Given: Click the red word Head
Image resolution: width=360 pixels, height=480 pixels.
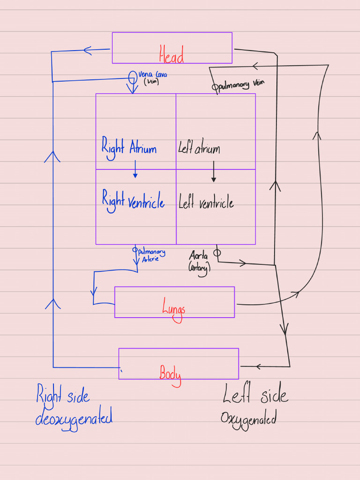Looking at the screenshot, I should point(172,53).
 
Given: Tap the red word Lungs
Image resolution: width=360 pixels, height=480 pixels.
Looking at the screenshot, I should point(174,308).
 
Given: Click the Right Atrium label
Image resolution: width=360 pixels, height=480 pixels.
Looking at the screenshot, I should point(129,149).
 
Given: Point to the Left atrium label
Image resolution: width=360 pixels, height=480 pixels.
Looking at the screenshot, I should point(199,149).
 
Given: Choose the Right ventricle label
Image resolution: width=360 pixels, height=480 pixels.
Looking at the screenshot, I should point(133,202).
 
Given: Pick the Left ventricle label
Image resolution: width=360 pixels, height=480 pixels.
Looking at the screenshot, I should point(206,203).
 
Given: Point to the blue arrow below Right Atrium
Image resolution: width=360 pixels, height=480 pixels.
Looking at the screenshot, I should point(135,170).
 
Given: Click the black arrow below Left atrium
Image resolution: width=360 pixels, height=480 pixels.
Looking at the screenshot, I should point(214,172).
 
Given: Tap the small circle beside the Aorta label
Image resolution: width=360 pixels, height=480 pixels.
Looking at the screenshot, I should point(217,253).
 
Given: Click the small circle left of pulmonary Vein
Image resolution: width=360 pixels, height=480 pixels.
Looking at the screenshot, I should point(215,87).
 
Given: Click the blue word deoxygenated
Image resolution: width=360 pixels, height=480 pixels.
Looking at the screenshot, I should point(74,417).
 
